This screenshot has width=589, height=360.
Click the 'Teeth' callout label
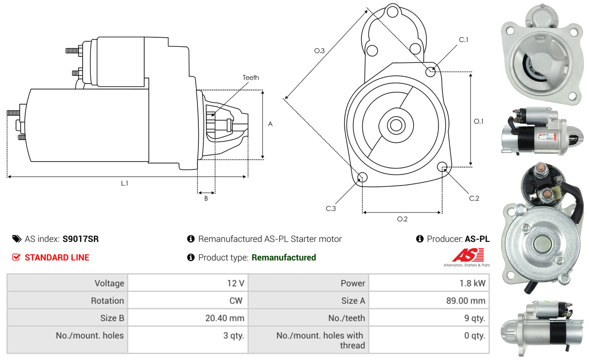(x=251, y=78)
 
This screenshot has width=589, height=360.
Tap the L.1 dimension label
(x=124, y=183)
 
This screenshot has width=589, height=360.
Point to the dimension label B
(x=206, y=198)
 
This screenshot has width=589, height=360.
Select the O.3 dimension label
(x=320, y=51)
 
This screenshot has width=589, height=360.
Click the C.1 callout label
(x=464, y=39)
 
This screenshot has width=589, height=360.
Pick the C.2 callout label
(x=474, y=198)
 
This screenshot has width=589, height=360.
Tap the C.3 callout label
(x=331, y=208)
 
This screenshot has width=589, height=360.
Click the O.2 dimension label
(x=402, y=219)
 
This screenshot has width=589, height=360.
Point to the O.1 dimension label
(x=478, y=121)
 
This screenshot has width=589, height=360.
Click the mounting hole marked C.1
(x=431, y=72)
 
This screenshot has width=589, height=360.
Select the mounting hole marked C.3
(x=362, y=177)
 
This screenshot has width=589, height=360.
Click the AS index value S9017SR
(x=80, y=239)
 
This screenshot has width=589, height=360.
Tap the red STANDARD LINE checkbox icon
(x=17, y=257)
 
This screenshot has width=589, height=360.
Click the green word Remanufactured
(x=284, y=258)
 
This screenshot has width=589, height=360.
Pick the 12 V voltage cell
(x=188, y=283)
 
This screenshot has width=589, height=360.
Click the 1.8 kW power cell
(x=429, y=283)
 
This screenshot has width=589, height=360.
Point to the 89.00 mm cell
(x=429, y=300)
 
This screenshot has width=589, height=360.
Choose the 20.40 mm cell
(x=188, y=318)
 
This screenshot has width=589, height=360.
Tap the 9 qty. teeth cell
(x=429, y=318)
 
